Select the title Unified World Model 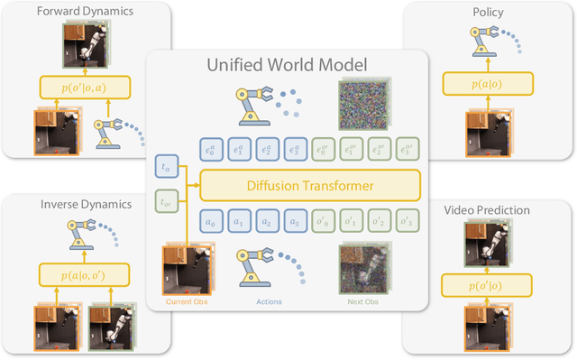coord(287,65)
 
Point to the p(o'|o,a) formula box coord(84,88)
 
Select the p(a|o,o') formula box coord(85,274)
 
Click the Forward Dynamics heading coord(84,11)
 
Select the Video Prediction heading coord(488,210)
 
